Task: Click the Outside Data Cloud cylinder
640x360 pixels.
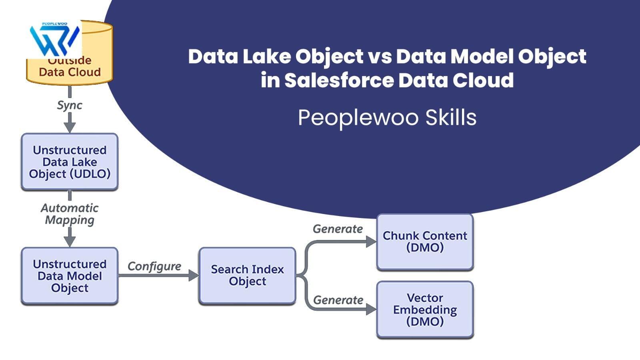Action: coord(70,53)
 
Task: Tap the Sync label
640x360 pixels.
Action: coord(70,106)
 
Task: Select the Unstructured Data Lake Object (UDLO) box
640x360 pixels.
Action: coord(70,162)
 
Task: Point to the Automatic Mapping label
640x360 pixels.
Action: coord(70,214)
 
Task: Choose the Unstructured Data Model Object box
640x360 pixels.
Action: coord(70,276)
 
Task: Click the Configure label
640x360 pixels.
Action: coord(154,266)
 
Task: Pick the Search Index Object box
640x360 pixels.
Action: coord(247,276)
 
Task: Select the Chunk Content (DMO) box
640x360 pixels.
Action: coord(425,242)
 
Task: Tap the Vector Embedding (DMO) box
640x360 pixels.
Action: coord(425,310)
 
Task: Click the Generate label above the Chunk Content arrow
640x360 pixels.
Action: coord(338,229)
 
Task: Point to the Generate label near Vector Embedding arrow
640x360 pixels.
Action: coord(338,300)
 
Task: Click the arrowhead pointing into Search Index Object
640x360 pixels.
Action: coord(194,276)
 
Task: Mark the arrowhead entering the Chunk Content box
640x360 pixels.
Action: coord(372,242)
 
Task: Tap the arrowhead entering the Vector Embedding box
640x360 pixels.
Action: coord(372,309)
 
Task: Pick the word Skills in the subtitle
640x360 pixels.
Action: coord(451,118)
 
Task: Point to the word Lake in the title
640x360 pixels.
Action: coord(266,56)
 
